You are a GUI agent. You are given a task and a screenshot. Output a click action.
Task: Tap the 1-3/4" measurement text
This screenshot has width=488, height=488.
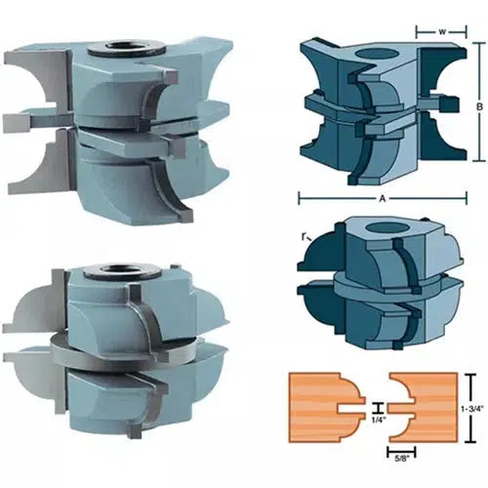point(473,411)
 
